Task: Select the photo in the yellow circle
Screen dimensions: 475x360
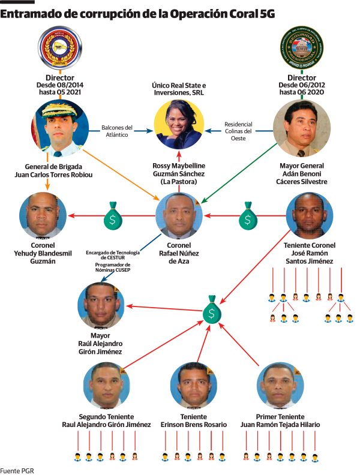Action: (x=179, y=125)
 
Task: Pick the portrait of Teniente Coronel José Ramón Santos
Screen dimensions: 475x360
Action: (x=309, y=217)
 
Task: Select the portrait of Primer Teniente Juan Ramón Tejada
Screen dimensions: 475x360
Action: (x=280, y=386)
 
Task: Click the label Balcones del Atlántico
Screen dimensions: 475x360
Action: (x=116, y=131)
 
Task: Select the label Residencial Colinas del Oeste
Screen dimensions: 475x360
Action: (x=238, y=131)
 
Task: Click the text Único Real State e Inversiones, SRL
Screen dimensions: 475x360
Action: (x=178, y=91)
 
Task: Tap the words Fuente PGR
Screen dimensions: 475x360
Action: (x=17, y=470)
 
